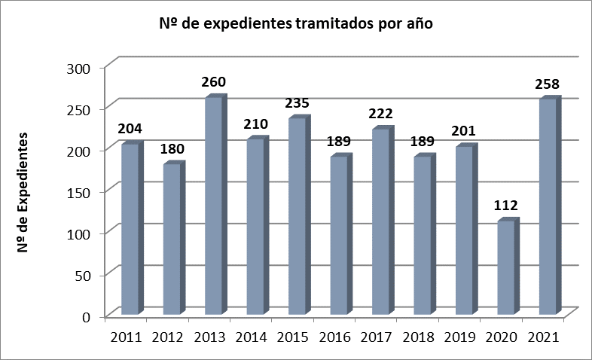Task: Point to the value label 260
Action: [213, 82]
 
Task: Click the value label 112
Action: [505, 205]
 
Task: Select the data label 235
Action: [296, 102]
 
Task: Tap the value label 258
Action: [548, 83]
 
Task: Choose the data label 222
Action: [380, 114]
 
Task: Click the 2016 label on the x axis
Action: [335, 337]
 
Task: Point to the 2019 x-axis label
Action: [459, 337]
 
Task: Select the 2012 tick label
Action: [169, 337]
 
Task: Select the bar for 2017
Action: [380, 221]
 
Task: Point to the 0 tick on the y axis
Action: [87, 317]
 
